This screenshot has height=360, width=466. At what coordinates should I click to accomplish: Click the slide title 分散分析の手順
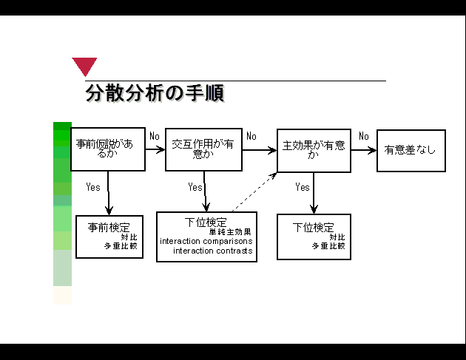(155, 93)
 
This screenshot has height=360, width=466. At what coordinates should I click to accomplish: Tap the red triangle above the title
(84, 66)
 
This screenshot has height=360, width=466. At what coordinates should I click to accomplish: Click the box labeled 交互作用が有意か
(203, 149)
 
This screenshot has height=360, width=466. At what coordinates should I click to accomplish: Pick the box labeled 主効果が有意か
(314, 151)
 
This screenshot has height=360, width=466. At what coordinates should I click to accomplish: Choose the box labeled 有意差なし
(411, 151)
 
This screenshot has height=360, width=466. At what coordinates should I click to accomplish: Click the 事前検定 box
(109, 237)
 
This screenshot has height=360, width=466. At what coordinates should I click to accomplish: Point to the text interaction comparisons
(206, 241)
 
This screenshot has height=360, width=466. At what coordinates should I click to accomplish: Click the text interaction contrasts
(213, 251)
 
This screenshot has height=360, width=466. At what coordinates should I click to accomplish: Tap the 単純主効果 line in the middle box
(234, 232)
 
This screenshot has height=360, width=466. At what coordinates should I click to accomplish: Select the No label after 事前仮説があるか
(154, 136)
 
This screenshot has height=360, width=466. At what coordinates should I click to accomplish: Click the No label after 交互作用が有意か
(251, 136)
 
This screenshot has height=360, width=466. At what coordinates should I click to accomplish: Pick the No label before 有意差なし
(364, 136)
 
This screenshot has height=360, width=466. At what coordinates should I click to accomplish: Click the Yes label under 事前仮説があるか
(93, 187)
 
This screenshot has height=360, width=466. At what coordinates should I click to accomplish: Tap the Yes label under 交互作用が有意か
(195, 187)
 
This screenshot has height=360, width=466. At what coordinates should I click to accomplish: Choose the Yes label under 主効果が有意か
(303, 187)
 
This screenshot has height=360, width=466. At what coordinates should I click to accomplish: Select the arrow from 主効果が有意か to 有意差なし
(363, 150)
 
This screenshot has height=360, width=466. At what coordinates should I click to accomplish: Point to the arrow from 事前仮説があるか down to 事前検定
(109, 193)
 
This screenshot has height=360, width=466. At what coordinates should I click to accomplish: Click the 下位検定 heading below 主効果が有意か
(314, 227)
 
